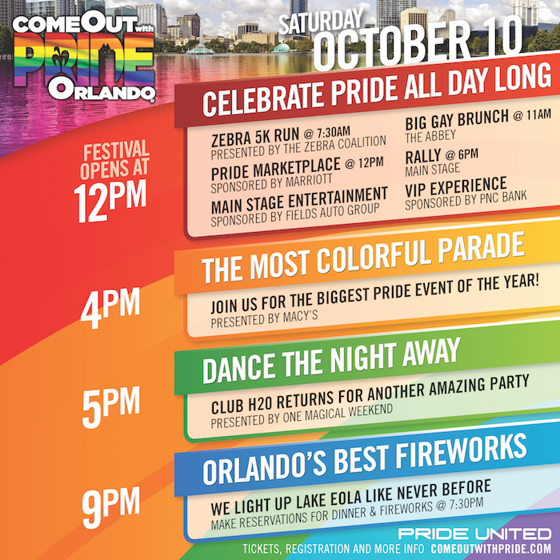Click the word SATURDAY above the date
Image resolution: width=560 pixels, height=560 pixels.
click(321, 22)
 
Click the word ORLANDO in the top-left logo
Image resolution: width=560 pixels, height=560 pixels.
click(102, 90)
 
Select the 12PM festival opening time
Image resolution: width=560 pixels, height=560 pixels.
click(110, 201)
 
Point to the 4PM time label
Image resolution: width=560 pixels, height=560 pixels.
click(110, 308)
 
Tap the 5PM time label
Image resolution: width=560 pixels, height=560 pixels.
click(110, 407)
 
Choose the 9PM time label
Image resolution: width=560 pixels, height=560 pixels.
click(110, 507)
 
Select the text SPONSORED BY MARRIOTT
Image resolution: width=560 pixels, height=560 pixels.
click(271, 183)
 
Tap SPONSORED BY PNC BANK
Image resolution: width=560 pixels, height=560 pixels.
click(466, 200)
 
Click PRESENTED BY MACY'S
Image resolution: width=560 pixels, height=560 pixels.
click(264, 319)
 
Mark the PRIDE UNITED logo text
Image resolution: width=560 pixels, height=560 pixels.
click(475, 534)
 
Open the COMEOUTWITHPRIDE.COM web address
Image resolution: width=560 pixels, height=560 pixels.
click(491, 549)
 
